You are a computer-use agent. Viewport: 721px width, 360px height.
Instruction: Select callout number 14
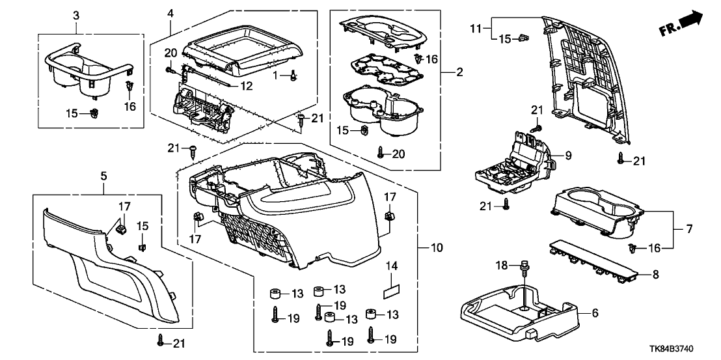tap(391, 266)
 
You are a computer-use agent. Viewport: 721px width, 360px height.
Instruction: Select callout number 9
tap(567, 156)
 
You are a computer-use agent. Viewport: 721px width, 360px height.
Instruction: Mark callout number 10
tap(437, 248)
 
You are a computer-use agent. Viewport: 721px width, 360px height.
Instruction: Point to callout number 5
tap(103, 175)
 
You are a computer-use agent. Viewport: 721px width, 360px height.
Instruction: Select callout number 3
tap(76, 14)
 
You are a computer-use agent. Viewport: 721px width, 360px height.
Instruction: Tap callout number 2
tap(459, 72)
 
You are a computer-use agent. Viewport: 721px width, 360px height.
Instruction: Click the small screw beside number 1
tap(293, 76)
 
